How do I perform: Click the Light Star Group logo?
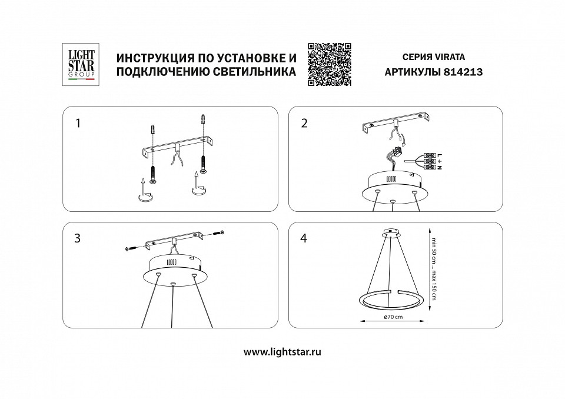coord(78,65)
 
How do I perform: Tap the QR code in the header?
coord(330,65)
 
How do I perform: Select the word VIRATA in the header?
coord(449,58)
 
